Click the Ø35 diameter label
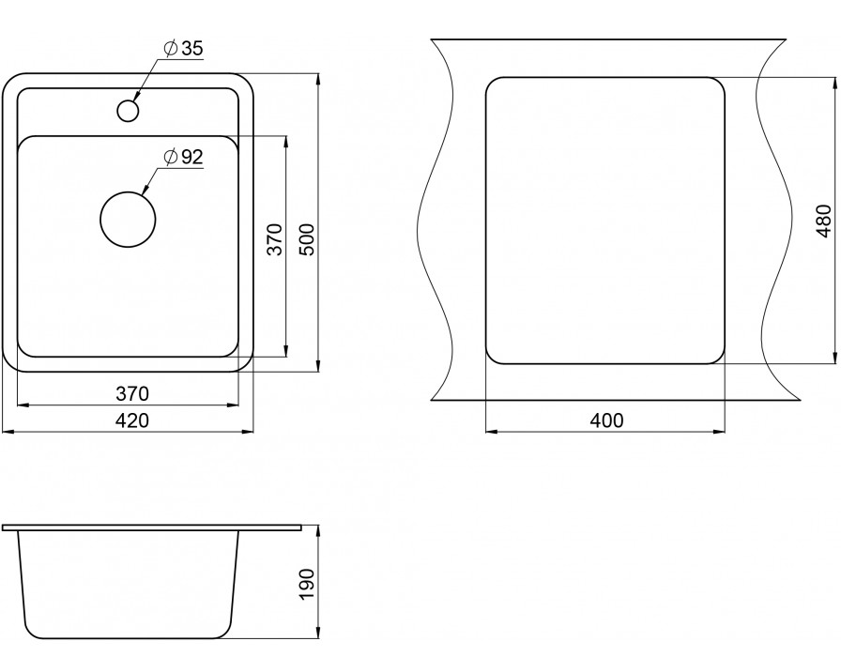(x=184, y=49)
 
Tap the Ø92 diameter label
(x=184, y=157)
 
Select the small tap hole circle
(x=128, y=111)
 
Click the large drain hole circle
(x=128, y=220)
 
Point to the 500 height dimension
(x=307, y=239)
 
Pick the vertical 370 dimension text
(x=274, y=239)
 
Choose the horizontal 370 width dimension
(x=132, y=394)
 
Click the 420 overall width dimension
(x=132, y=420)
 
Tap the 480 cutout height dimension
(x=823, y=221)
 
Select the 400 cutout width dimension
(x=606, y=420)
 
